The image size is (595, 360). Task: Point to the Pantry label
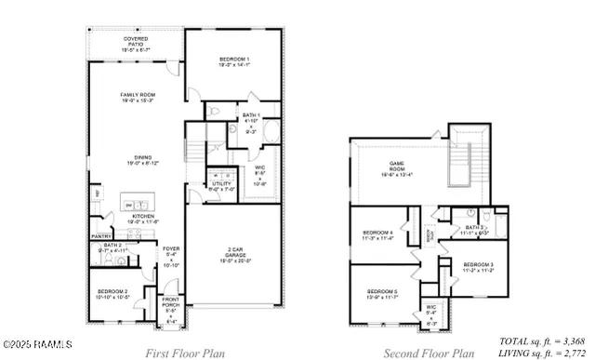point(101,237)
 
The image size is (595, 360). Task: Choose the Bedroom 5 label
point(382,294)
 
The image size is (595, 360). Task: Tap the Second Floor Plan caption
point(429,353)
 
